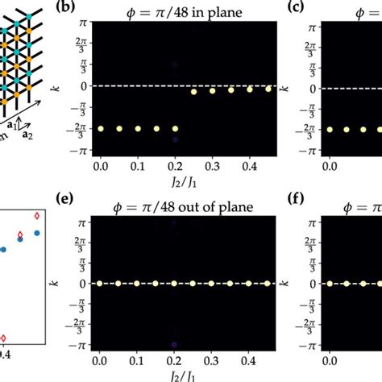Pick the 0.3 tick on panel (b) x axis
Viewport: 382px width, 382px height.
click(213, 165)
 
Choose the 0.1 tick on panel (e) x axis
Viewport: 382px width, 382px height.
click(137, 363)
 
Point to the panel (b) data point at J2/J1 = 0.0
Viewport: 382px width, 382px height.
click(101, 128)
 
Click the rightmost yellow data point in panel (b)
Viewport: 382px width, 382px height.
click(268, 89)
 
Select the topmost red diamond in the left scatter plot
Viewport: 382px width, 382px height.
click(35, 216)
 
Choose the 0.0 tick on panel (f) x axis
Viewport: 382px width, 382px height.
click(330, 363)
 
